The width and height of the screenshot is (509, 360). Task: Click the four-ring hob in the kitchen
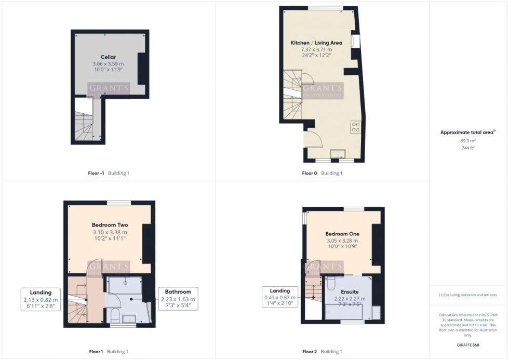[x=356, y=126]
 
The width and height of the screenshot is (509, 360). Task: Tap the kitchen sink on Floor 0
[x=339, y=153]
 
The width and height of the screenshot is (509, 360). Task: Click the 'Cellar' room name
[x=108, y=57]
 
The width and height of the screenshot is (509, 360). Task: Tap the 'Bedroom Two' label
[x=110, y=225]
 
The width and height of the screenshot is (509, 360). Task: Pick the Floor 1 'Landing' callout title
[x=41, y=293]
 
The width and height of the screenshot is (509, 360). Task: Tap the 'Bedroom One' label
[x=342, y=234]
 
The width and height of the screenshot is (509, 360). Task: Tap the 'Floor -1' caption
[x=97, y=173]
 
